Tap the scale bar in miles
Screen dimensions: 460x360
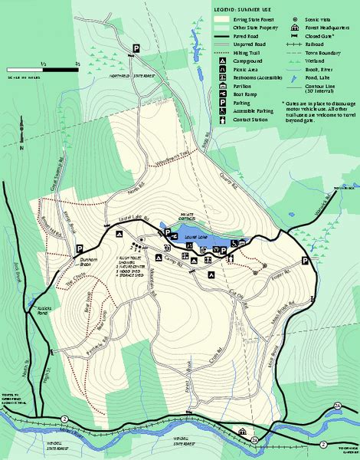pos(44,71)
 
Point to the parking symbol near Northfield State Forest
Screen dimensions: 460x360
pos(136,48)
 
